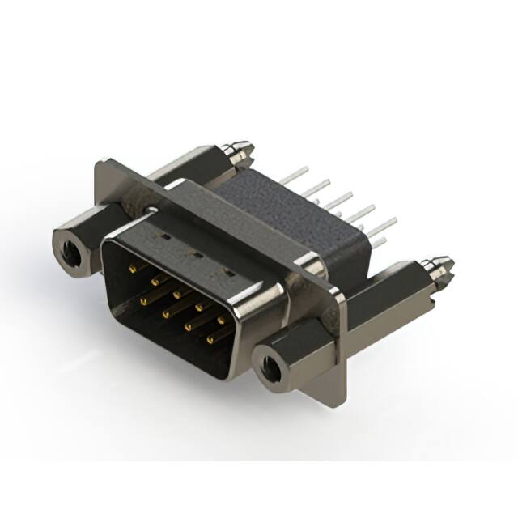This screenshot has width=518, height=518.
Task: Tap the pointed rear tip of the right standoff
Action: coord(449,262)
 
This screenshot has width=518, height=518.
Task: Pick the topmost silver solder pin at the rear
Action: coord(302,171)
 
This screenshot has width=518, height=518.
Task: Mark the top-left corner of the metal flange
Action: coord(98,164)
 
